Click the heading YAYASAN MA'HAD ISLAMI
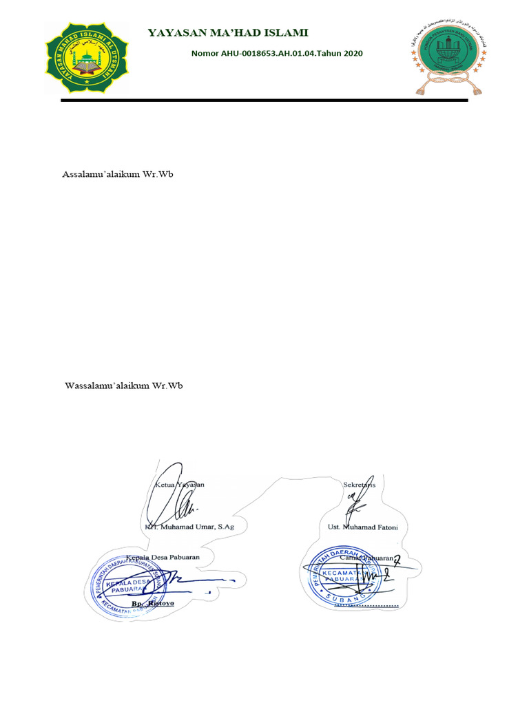coord(228,33)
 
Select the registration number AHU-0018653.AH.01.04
coord(271,54)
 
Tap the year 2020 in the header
coord(351,54)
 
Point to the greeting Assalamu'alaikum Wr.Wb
coord(117,174)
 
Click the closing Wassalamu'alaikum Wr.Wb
coord(123,386)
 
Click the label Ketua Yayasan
coord(177,484)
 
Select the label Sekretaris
coord(359,484)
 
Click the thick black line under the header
coord(264,101)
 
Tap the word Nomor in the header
coord(205,54)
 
